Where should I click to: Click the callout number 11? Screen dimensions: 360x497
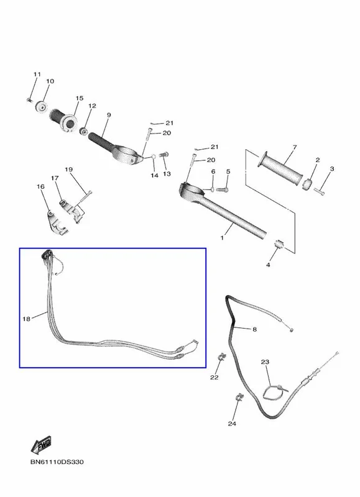(37, 74)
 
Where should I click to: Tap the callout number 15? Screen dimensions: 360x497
(80, 98)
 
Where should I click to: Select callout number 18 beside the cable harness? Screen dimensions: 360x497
(26, 319)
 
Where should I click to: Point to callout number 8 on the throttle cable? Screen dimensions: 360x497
(254, 329)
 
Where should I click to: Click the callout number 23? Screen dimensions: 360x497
(265, 362)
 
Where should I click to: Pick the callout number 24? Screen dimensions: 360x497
(232, 424)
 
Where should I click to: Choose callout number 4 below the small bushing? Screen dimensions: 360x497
(268, 265)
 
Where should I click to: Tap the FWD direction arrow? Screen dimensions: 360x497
(41, 445)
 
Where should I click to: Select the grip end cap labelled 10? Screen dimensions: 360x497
(41, 106)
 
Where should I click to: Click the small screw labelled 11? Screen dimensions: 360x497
(29, 100)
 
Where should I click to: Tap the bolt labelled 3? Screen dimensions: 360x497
(320, 191)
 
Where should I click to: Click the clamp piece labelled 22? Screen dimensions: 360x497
(222, 357)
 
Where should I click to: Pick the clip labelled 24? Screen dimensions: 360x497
(239, 397)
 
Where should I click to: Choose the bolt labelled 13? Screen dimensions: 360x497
(164, 155)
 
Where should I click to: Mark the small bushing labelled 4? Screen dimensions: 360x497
(279, 245)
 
